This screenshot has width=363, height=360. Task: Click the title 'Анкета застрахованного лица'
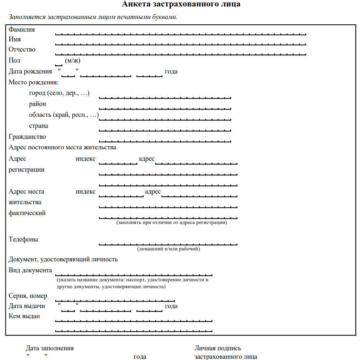pos(181,5)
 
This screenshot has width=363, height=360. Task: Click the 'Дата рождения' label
pos(30,72)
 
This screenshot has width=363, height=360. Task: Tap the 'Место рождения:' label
pos(34,82)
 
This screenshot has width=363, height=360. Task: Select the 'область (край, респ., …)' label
pos(64,115)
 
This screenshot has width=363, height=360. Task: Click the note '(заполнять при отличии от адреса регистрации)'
pos(171,223)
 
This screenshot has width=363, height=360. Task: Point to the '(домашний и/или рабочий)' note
pos(169,249)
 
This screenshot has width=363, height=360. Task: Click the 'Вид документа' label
pos(30,270)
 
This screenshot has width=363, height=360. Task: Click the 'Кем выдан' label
pos(24,317)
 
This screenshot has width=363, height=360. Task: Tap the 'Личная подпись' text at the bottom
pos(218,348)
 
